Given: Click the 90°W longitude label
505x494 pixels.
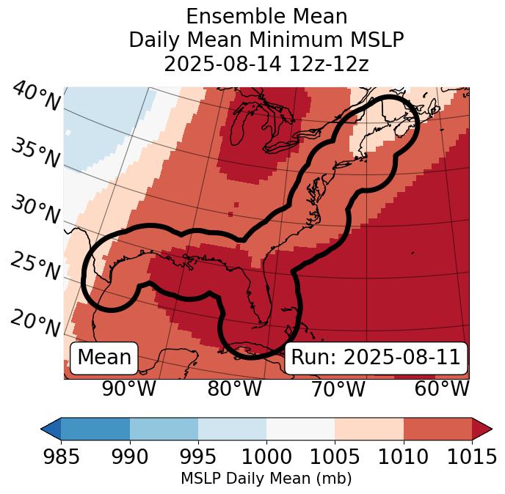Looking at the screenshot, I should point(129,389).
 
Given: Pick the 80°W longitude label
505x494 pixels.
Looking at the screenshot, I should point(234,389).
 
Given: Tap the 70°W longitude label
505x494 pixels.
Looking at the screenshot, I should point(338,389).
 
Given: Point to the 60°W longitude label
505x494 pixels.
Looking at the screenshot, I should point(442,389).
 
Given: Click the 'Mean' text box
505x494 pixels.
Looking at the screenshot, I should point(104,358).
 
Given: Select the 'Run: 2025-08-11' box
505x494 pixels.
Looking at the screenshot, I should point(376,358).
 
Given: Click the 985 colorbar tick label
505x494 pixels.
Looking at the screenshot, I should point(61,457).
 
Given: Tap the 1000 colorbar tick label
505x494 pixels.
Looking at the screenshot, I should point(266,457).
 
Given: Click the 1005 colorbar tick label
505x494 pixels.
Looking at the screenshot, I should point(335,457).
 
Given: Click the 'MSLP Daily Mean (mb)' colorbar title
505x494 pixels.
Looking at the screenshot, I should point(266,479).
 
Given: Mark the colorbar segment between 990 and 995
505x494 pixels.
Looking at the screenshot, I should point(164,429).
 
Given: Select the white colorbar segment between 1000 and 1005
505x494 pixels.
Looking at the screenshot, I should point(300,429).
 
